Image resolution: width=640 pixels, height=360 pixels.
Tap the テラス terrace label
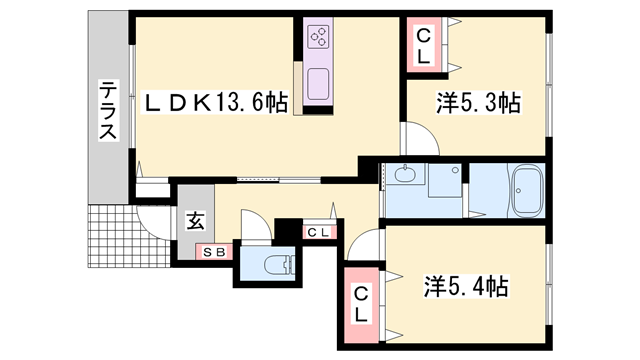point(108,110)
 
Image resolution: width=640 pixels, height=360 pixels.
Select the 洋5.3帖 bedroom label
point(479,103)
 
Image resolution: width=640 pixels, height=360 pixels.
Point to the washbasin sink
point(405,175)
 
